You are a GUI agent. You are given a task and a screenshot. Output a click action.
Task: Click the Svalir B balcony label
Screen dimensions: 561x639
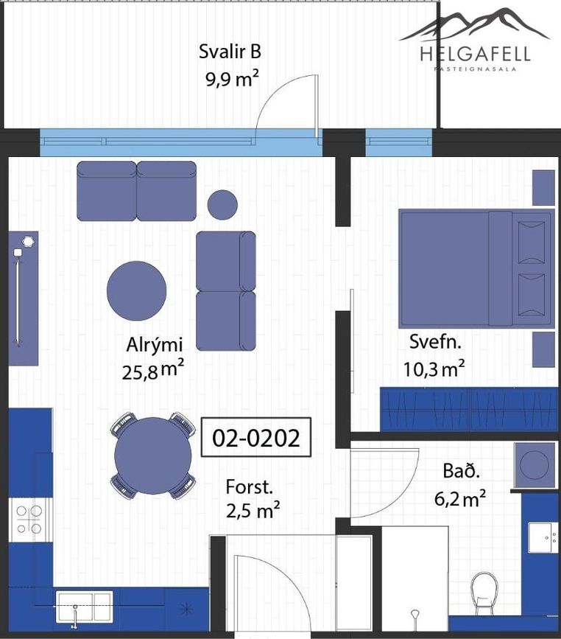click(230, 52)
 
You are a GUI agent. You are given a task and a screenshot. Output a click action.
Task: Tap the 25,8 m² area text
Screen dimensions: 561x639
click(153, 370)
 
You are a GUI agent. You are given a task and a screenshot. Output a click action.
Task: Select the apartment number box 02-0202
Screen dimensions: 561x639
click(256, 437)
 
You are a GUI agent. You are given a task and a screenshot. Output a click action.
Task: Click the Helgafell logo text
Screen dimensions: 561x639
click(475, 55)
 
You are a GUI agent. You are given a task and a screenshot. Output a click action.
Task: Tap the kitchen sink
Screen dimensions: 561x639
click(84, 607)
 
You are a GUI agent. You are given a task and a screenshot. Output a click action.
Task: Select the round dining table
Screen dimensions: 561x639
click(153, 455)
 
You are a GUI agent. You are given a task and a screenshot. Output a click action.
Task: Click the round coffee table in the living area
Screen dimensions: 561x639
click(136, 290)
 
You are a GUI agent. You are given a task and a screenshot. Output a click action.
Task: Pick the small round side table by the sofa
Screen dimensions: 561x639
click(222, 205)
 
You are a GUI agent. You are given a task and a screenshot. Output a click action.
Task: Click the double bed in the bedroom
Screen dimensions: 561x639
click(476, 268)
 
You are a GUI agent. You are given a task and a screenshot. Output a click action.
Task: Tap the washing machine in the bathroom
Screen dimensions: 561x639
click(535, 465)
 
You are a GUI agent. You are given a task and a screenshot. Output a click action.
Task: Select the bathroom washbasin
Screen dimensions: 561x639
click(543, 537)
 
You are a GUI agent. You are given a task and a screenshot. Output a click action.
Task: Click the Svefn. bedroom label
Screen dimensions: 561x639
click(435, 341)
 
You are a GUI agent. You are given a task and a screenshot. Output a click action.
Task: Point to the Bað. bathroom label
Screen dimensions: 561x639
click(462, 471)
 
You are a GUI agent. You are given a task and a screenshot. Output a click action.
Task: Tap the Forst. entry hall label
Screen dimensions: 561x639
click(249, 487)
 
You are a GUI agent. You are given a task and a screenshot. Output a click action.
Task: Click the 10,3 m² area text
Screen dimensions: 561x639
click(434, 369)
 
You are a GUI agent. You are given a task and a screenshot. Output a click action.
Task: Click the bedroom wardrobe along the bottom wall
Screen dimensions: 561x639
click(468, 409)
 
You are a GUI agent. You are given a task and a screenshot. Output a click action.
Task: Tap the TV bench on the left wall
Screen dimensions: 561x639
click(24, 298)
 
